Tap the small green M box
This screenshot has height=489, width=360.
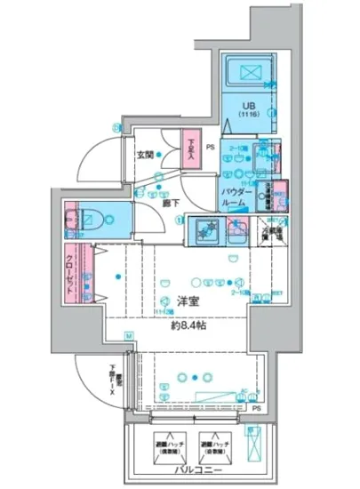click(x=128, y=336)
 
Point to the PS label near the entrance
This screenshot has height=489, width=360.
click(x=211, y=148)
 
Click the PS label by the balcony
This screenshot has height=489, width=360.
click(x=257, y=410)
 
